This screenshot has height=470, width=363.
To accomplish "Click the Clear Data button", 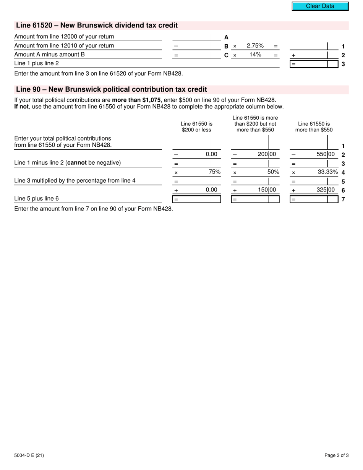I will point(320,6).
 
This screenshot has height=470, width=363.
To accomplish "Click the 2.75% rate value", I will point(255,46).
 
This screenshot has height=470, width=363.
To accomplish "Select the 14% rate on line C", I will point(255,55).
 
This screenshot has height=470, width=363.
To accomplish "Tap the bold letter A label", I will point(226,37).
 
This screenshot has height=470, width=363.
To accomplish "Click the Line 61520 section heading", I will point(97,26).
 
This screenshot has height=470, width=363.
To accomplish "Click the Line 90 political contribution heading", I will point(111,89).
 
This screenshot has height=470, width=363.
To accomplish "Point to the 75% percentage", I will point(214,172).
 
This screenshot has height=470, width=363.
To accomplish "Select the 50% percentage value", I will point(273,172).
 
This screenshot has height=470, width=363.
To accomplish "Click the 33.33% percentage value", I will point(328,172).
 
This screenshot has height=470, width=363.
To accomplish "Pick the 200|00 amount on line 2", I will point(267,154).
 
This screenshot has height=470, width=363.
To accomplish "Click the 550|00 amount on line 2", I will point(326,154).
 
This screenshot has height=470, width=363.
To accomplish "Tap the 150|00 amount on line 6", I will point(267,190).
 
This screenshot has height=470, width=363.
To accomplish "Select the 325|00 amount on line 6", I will point(326,190).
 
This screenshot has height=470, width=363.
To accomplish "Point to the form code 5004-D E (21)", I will point(29,455).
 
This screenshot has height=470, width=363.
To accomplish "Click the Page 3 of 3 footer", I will point(336,455).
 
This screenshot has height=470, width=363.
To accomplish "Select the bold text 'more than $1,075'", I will point(136,100).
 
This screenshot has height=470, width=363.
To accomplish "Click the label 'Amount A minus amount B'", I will point(49,55).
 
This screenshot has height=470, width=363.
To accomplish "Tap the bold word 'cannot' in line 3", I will point(77,163).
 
